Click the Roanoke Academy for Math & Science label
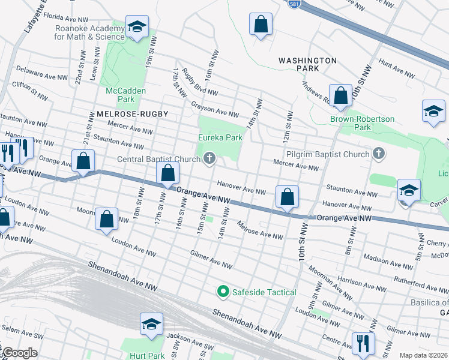tap(89, 32)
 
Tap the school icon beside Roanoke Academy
tap(137, 28)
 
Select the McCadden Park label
tap(119, 94)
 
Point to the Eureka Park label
tap(220, 137)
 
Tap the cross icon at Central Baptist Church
tap(209, 158)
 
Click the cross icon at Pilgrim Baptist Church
tap(378, 154)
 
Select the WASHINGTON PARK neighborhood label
tap(307, 65)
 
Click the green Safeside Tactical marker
tap(223, 292)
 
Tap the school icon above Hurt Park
tap(151, 324)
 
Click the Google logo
tap(19, 353)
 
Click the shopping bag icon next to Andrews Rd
tap(340, 95)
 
